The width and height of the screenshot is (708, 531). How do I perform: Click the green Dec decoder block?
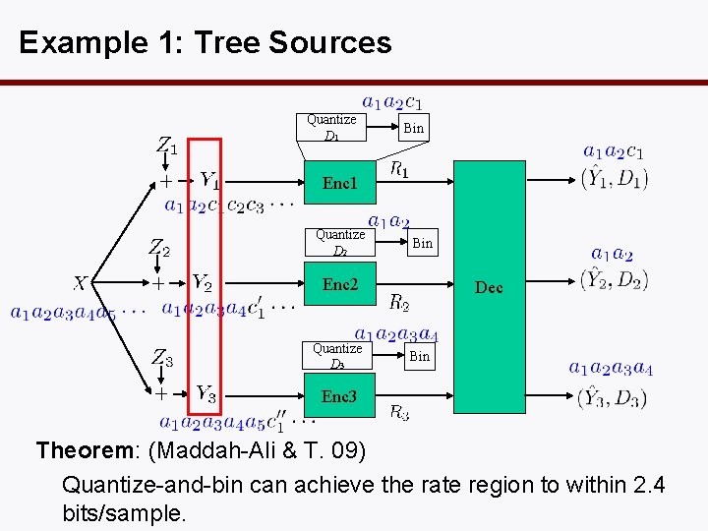(x=488, y=286)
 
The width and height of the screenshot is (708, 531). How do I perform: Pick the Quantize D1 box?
(x=331, y=127)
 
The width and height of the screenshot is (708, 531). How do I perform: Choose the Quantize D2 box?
(x=339, y=242)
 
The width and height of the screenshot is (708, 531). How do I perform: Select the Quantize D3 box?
(x=336, y=356)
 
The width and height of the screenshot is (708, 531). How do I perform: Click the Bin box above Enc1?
(x=414, y=128)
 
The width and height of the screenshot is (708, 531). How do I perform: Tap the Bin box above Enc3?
(x=420, y=356)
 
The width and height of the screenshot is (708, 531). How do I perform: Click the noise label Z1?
(x=167, y=146)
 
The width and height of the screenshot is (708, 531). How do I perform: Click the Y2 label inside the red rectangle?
(x=203, y=283)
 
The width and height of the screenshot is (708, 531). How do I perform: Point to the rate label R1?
(x=399, y=170)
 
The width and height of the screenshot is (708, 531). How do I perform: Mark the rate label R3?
(x=399, y=412)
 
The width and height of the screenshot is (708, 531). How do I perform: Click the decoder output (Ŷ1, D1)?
(x=614, y=178)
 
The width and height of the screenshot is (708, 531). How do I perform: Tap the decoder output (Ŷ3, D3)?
(x=614, y=397)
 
